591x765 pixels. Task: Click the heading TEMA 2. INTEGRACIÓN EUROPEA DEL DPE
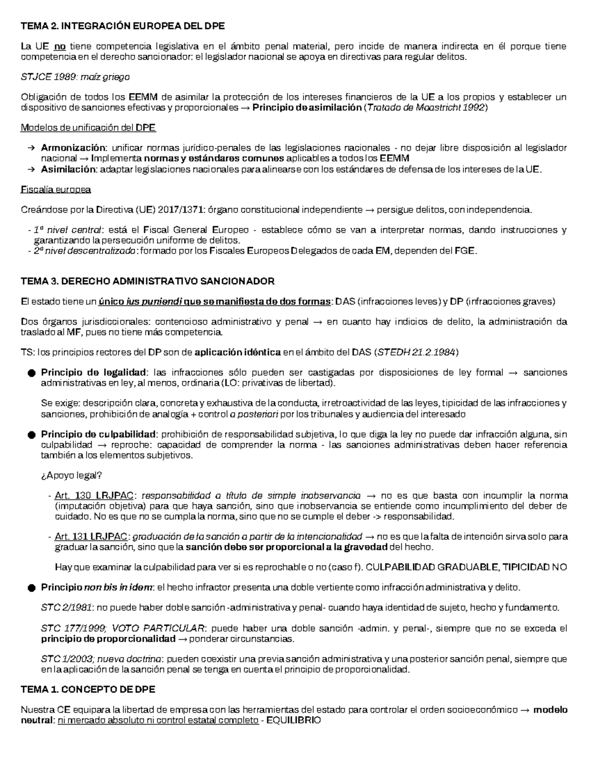coord(122,26)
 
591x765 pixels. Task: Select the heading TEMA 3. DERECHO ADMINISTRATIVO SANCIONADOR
coord(147,281)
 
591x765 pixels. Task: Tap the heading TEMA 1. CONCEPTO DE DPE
coord(88,690)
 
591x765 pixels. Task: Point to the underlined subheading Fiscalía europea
coord(56,190)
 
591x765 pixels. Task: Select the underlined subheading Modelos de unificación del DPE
coord(88,128)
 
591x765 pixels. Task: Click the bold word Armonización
coord(73,148)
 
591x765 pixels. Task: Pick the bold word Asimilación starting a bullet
coord(69,169)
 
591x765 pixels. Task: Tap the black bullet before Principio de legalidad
coord(32,373)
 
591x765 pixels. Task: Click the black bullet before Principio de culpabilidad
coord(32,435)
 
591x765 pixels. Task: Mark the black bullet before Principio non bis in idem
coord(32,588)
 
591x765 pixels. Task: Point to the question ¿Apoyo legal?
coord(71,475)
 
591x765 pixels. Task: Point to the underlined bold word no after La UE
coord(60,47)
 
